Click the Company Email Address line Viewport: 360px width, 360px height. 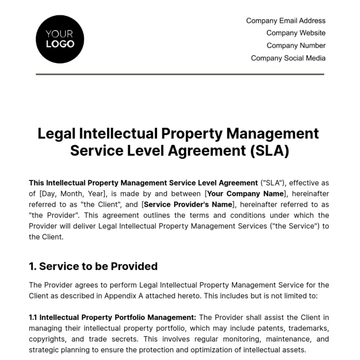(285, 20)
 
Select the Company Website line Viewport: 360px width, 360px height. (296, 33)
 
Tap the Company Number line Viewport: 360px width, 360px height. (296, 45)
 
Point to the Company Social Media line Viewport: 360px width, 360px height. (288, 58)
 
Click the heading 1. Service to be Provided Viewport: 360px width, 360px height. (93, 266)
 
